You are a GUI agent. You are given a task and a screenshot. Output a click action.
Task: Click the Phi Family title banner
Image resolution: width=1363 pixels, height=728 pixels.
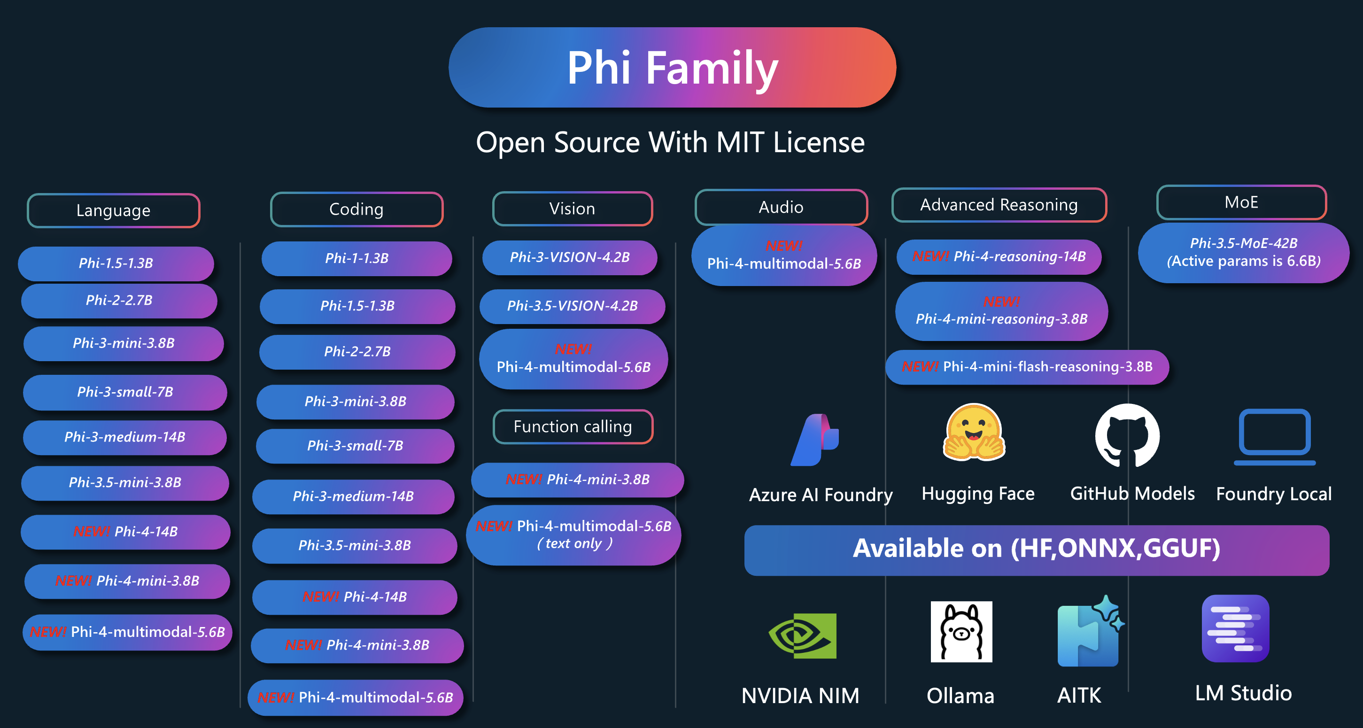(x=672, y=68)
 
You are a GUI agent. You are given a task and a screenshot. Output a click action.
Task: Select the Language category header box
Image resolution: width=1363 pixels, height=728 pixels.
(x=113, y=210)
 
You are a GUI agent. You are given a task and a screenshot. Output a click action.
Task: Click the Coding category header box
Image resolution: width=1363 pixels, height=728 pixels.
(x=356, y=209)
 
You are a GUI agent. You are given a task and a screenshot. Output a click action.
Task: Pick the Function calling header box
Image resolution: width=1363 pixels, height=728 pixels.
(x=573, y=426)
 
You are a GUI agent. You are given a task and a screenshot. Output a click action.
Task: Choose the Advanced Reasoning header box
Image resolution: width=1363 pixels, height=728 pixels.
(x=999, y=205)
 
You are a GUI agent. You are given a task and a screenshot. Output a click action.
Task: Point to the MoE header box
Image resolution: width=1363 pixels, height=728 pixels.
(x=1241, y=202)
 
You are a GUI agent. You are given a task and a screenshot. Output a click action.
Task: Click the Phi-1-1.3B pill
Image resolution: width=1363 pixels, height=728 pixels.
(x=356, y=258)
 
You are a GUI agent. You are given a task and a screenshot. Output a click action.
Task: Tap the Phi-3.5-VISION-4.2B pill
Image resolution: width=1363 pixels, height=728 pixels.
(x=572, y=306)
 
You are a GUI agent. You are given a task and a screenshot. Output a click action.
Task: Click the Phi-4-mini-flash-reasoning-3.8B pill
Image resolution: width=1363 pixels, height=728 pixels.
(x=1027, y=367)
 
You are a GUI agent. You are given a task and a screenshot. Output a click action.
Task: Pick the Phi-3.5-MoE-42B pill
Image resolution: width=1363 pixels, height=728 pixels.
(x=1243, y=252)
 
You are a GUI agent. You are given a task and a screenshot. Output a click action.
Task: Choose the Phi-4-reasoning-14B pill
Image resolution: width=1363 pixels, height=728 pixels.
(x=999, y=256)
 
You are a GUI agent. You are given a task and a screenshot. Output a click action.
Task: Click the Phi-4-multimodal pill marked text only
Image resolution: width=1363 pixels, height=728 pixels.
(x=573, y=535)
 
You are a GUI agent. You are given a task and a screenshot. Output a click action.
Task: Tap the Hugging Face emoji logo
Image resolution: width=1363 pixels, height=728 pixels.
(x=974, y=432)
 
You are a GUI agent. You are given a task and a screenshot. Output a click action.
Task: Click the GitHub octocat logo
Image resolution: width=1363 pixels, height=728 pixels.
(x=1127, y=435)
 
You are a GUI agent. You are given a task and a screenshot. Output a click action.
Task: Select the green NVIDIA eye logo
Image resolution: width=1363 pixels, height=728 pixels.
(x=802, y=636)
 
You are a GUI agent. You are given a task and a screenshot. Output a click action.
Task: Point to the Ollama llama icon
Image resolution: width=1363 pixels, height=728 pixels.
(x=961, y=632)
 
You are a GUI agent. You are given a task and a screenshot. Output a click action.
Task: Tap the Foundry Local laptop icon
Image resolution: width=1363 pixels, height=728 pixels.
(x=1274, y=436)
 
